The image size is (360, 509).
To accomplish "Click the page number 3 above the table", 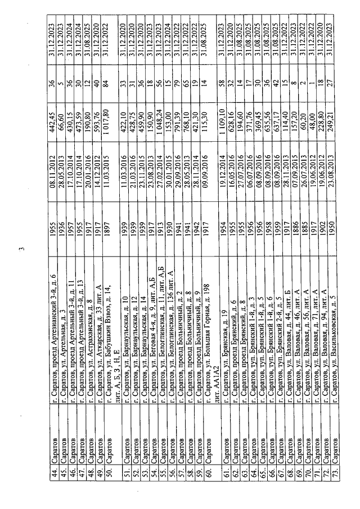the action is [x=21, y=250].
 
